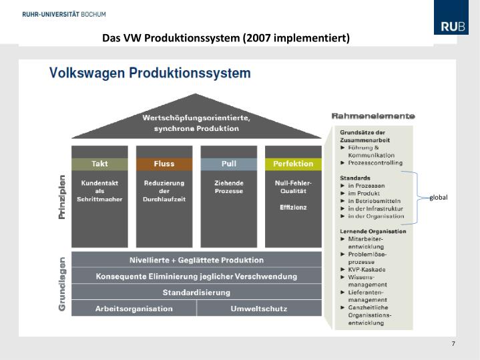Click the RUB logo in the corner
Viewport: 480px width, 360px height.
point(451,27)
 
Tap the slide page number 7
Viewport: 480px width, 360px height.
point(453,344)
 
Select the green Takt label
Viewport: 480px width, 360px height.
point(99,164)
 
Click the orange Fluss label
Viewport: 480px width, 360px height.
point(164,164)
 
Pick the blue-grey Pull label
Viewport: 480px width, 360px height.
point(228,164)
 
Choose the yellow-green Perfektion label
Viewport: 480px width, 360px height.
point(292,164)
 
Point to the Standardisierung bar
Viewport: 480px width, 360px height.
point(196,293)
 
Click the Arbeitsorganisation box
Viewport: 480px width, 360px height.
point(134,309)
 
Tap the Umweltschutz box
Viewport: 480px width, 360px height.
point(260,309)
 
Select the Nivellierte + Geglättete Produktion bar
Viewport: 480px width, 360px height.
point(196,260)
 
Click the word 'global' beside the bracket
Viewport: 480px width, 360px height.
point(439,198)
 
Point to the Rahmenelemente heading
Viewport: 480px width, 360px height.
point(373,116)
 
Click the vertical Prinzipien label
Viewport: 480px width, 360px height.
point(62,197)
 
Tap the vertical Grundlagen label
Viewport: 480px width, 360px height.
point(62,284)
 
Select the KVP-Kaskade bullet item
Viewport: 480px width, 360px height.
point(367,270)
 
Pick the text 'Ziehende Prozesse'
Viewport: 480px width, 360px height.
point(228,187)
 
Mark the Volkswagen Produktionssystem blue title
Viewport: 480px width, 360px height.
point(150,72)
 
